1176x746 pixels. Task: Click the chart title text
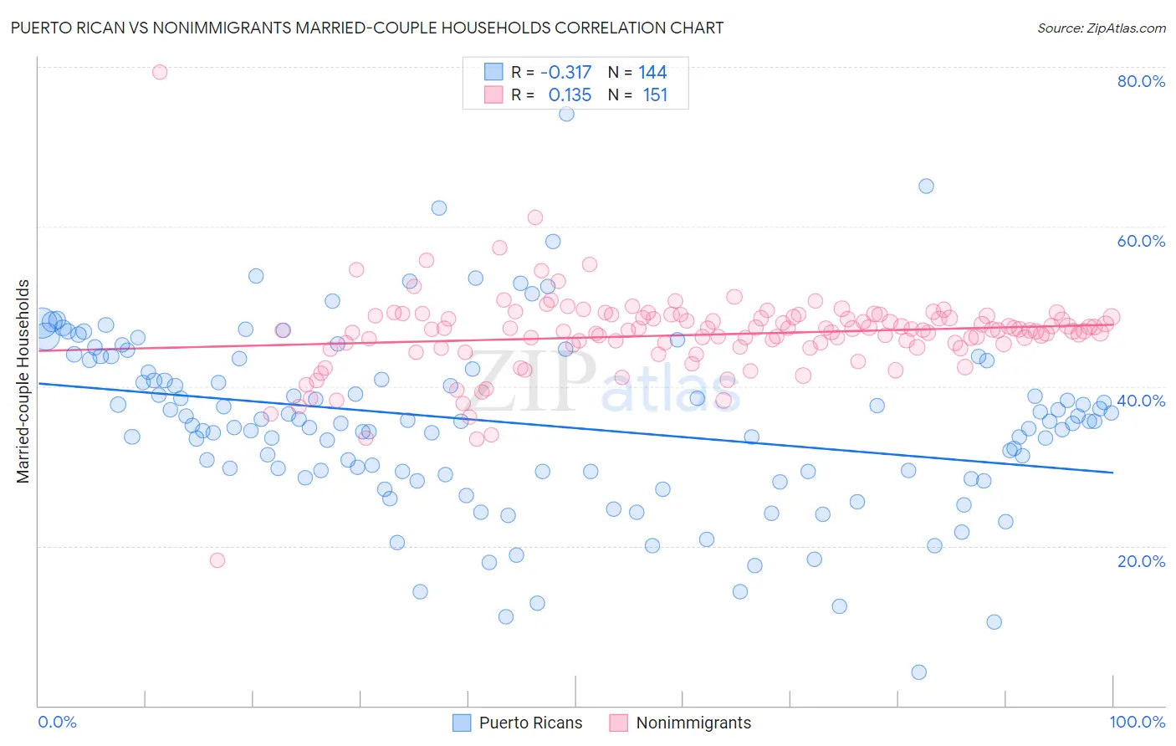coord(367,28)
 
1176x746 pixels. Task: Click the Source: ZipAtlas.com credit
coord(1101,28)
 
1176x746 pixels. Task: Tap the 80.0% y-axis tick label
coord(1141,81)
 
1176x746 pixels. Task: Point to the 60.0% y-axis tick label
coord(1141,241)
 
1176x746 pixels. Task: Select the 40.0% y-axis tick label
coord(1141,401)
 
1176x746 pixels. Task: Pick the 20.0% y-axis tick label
coord(1141,560)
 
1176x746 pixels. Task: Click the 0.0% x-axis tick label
coord(57,722)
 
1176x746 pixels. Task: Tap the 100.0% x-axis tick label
coord(1137,722)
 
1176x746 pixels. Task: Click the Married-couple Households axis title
coord(23,381)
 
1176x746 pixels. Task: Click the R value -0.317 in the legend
coord(565,73)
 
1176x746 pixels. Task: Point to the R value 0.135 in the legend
coord(570,95)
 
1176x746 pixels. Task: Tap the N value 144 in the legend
coord(652,73)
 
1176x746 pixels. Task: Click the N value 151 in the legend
coord(655,95)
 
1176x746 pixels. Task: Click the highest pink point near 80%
coord(160,72)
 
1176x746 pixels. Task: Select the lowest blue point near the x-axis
coord(918,672)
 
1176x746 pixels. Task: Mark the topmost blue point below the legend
coord(566,114)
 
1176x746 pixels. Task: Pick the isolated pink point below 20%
coord(217,560)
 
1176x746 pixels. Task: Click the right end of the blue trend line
coord(1112,473)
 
